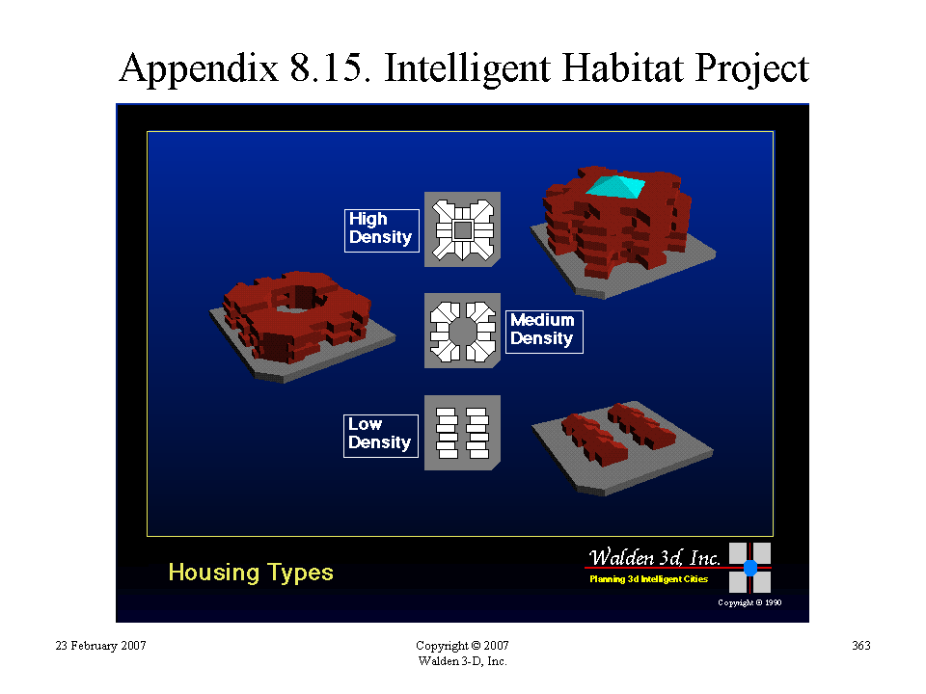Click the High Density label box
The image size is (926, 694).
pyautogui.click(x=382, y=230)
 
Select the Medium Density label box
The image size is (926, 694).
pyautogui.click(x=544, y=332)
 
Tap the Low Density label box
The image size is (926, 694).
pyautogui.click(x=381, y=436)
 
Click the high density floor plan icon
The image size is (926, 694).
pyautogui.click(x=462, y=229)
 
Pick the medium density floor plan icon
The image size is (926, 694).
pyautogui.click(x=462, y=331)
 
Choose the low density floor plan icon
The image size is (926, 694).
pyautogui.click(x=462, y=433)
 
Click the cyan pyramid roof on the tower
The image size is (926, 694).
pyautogui.click(x=614, y=186)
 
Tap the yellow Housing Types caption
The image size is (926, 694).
pyautogui.click(x=251, y=573)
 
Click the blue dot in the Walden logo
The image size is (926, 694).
pyautogui.click(x=750, y=568)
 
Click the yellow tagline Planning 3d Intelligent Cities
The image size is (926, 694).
pyautogui.click(x=648, y=579)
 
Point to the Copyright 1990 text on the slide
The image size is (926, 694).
pyautogui.click(x=749, y=602)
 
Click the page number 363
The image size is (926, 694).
pyautogui.click(x=861, y=646)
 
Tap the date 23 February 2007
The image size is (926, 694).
pyautogui.click(x=100, y=646)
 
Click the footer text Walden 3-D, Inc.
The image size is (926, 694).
pyautogui.click(x=462, y=661)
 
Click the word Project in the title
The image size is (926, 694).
pyautogui.click(x=751, y=69)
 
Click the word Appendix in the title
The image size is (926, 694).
pyautogui.click(x=199, y=69)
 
